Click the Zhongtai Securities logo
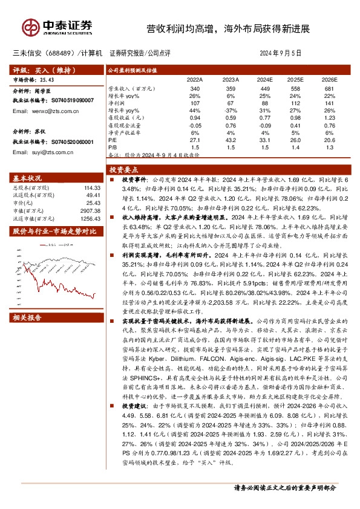57,26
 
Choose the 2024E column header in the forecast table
264,79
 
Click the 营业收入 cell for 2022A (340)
195,89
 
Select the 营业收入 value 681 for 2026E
329,89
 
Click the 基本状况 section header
27,178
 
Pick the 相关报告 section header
27,318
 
